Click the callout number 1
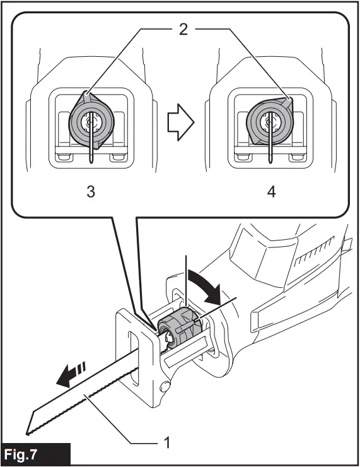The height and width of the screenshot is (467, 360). (x=166, y=443)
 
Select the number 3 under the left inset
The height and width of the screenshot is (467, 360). (x=91, y=192)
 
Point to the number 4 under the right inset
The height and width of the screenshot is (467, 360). (x=271, y=192)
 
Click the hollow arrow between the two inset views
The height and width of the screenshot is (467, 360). (x=181, y=121)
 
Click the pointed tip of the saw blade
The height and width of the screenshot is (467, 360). (x=28, y=432)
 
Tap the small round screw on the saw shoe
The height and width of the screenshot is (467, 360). (x=166, y=385)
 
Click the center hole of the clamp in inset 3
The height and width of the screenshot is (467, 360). (x=92, y=121)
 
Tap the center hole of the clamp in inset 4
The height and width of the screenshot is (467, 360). (x=271, y=121)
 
